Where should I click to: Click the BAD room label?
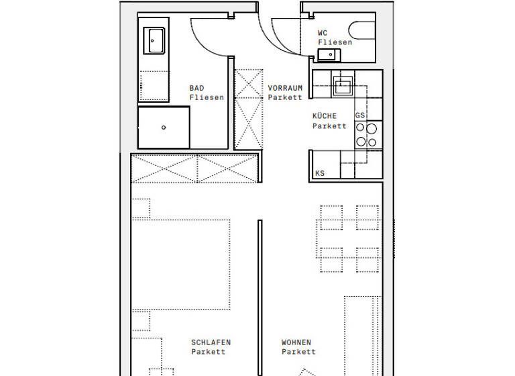point(196,88)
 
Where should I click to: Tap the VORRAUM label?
point(285,88)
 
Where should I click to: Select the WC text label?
point(323,32)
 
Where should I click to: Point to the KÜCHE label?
point(325,116)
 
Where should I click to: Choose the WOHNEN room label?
point(296,342)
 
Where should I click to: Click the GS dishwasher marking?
point(360,115)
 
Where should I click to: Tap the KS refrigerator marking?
point(320,174)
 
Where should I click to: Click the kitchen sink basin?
point(343,85)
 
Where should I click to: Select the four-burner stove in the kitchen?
point(366,134)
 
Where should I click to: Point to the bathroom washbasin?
point(154,40)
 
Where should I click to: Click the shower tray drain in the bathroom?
point(164,128)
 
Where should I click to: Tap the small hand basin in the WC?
point(329,54)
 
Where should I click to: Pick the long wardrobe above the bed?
point(194,168)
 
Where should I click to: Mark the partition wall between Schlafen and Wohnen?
point(260,295)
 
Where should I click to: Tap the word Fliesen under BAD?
point(206,97)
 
